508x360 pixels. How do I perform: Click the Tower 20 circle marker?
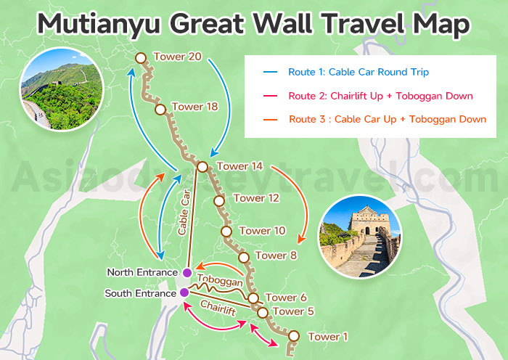click(140, 57)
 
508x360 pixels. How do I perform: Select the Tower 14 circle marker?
click(202, 167)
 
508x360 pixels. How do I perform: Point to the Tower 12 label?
click(256, 197)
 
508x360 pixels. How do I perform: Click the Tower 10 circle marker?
click(226, 231)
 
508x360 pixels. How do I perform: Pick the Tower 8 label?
click(276, 255)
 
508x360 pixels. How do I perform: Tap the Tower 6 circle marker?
click(253, 298)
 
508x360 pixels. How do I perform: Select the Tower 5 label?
click(291, 312)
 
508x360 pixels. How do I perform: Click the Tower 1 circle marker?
click(294, 335)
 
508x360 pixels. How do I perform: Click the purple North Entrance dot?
click(187, 273)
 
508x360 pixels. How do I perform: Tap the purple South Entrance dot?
click(184, 292)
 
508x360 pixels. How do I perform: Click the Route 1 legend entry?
click(348, 72)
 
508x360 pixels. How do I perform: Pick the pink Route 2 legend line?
click(271, 96)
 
